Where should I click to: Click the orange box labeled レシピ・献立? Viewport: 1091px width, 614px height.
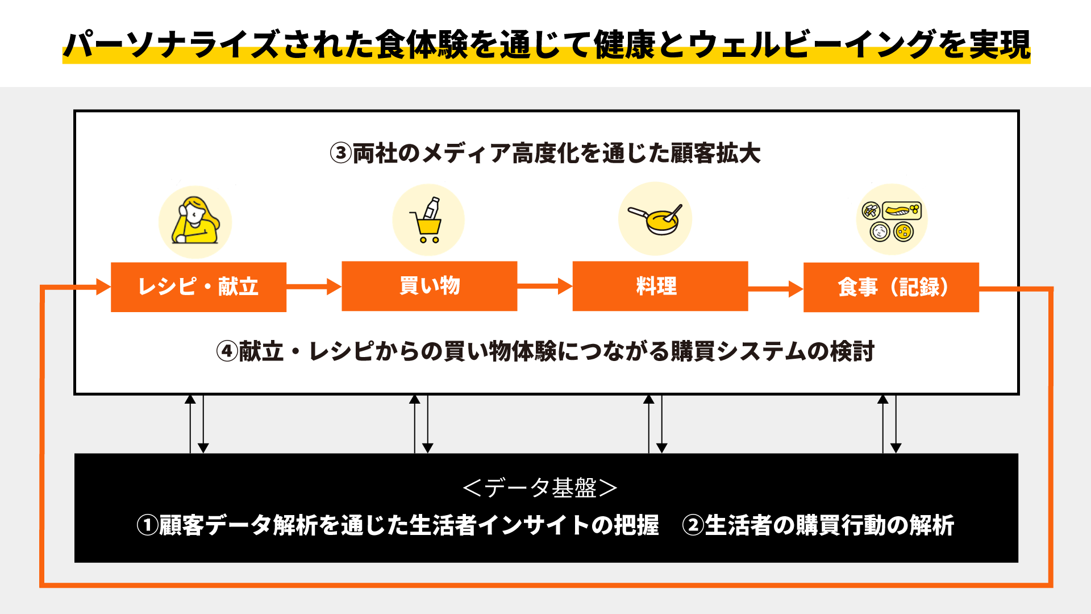tap(198, 287)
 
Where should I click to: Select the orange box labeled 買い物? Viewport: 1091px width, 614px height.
tap(429, 286)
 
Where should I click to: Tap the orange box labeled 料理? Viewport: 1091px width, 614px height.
tap(660, 286)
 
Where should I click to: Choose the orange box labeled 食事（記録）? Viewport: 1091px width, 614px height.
tap(890, 287)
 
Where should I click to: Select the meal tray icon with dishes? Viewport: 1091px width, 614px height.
tap(892, 220)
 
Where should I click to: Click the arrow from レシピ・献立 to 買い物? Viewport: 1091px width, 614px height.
tap(314, 287)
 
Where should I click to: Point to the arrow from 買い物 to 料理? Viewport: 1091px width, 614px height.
tap(544, 286)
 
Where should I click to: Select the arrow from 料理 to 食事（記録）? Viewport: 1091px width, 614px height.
tap(775, 289)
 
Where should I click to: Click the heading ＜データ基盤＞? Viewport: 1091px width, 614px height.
tap(540, 488)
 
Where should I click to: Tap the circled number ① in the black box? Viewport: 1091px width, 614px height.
tap(147, 525)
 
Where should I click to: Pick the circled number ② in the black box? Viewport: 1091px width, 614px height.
tap(693, 525)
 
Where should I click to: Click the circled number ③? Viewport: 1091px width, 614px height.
tap(341, 153)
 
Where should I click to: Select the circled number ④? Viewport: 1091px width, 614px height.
tap(227, 351)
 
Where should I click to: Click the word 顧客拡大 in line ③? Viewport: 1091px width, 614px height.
tap(715, 153)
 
